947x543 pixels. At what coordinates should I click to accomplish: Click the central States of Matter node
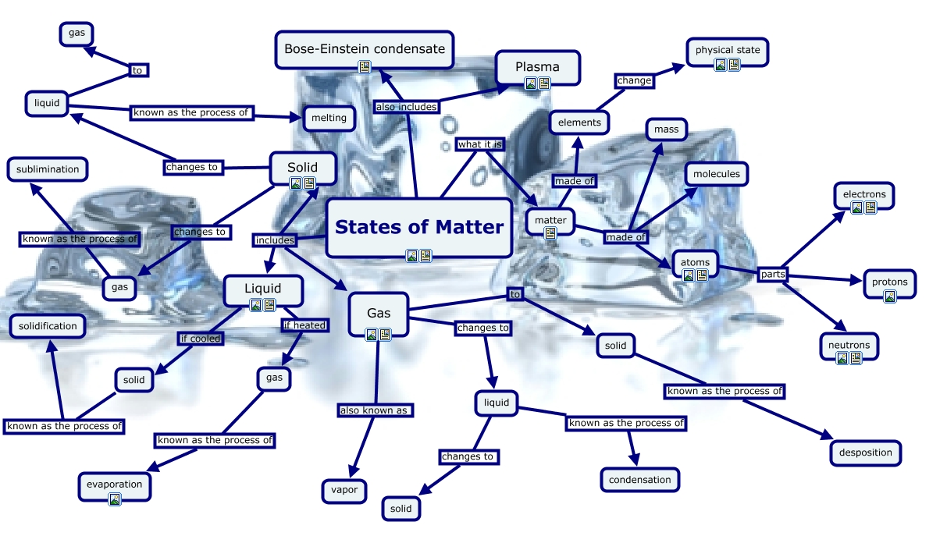[x=419, y=226]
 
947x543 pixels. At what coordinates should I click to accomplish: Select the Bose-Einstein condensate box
[x=365, y=48]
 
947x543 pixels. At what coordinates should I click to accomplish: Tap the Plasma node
[x=537, y=66]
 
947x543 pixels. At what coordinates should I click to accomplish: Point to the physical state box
[x=727, y=51]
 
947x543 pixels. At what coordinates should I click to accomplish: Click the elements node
[x=579, y=122]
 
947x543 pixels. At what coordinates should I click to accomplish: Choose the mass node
[x=666, y=130]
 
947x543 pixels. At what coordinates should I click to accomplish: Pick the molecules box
[x=716, y=174]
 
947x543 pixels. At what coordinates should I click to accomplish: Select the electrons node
[x=864, y=194]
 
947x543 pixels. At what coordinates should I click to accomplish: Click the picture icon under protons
[x=889, y=296]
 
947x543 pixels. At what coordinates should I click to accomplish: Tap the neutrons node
[x=849, y=345]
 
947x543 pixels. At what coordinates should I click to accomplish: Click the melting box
[x=329, y=119]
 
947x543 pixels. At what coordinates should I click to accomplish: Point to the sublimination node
[x=48, y=169]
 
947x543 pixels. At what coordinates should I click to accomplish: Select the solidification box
[x=48, y=326]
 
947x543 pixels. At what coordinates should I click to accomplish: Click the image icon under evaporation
[x=114, y=499]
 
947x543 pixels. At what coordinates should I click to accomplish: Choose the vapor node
[x=344, y=491]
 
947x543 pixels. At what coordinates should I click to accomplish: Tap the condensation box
[x=639, y=480]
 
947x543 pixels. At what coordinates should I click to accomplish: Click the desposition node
[x=865, y=452]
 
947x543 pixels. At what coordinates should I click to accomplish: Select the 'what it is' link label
[x=479, y=144]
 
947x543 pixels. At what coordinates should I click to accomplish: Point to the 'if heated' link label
[x=304, y=325]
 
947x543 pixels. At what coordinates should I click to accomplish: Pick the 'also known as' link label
[x=374, y=410]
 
